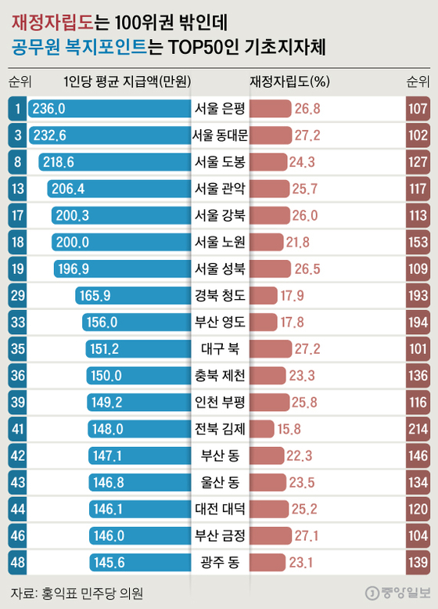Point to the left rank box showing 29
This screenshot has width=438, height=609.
click(15, 295)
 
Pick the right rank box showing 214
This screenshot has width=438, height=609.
click(418, 428)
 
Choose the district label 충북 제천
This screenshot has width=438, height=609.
click(220, 375)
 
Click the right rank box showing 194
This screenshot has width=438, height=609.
click(418, 322)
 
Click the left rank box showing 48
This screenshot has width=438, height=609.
click(15, 561)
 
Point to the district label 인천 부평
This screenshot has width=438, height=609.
click(220, 402)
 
